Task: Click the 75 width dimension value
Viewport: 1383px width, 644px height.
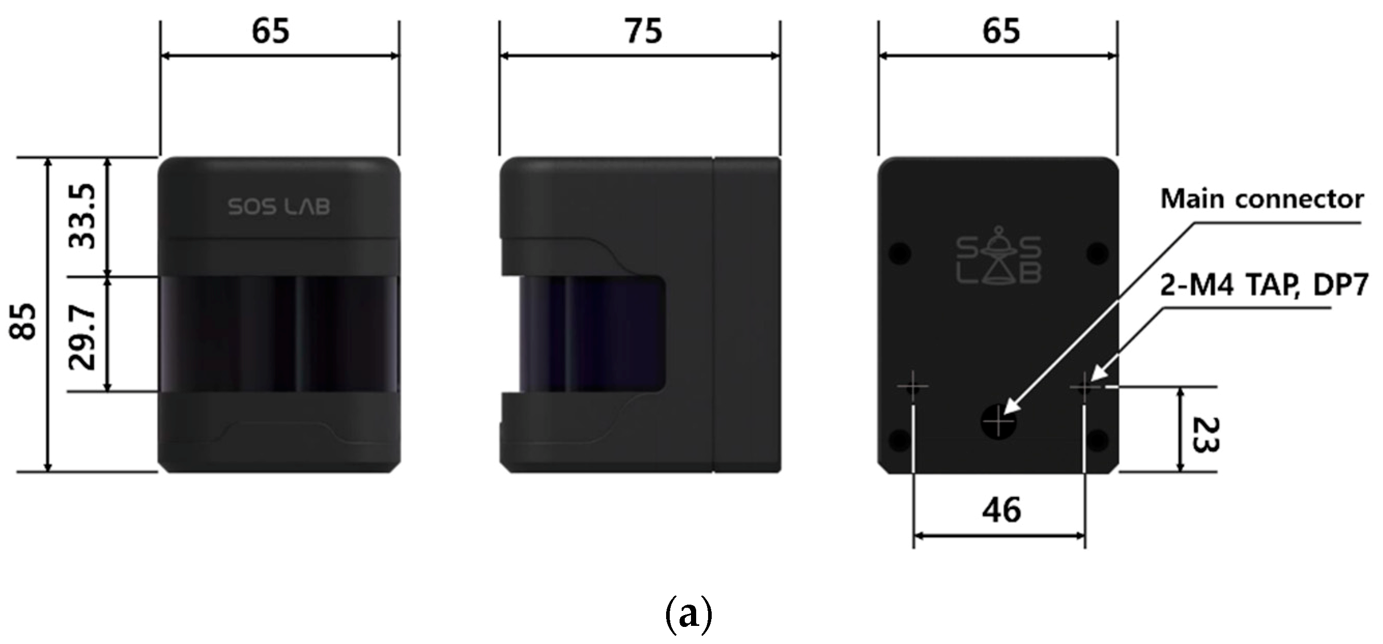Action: click(643, 31)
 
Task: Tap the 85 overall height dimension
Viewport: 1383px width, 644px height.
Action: click(24, 321)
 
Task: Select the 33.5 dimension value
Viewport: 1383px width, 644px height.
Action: click(83, 216)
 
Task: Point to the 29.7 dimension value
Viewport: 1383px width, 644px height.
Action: click(83, 338)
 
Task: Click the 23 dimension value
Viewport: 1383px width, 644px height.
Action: click(1205, 435)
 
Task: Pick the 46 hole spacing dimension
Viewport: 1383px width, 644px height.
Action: click(1001, 510)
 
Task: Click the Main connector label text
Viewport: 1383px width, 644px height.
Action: click(1262, 199)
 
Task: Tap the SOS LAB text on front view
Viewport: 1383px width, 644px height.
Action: click(279, 207)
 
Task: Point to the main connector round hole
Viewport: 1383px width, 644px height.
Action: click(998, 422)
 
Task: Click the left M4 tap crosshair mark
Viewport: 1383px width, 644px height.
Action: click(913, 386)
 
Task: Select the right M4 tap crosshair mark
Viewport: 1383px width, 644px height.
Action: click(1085, 386)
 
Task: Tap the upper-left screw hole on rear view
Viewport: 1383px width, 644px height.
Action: click(900, 252)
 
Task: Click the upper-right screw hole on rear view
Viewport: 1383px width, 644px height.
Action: click(1098, 252)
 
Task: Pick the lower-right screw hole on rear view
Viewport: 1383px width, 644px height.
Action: click(1098, 440)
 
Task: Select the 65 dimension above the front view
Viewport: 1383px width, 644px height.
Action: click(270, 31)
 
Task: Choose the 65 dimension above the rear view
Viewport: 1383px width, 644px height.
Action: click(1001, 31)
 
